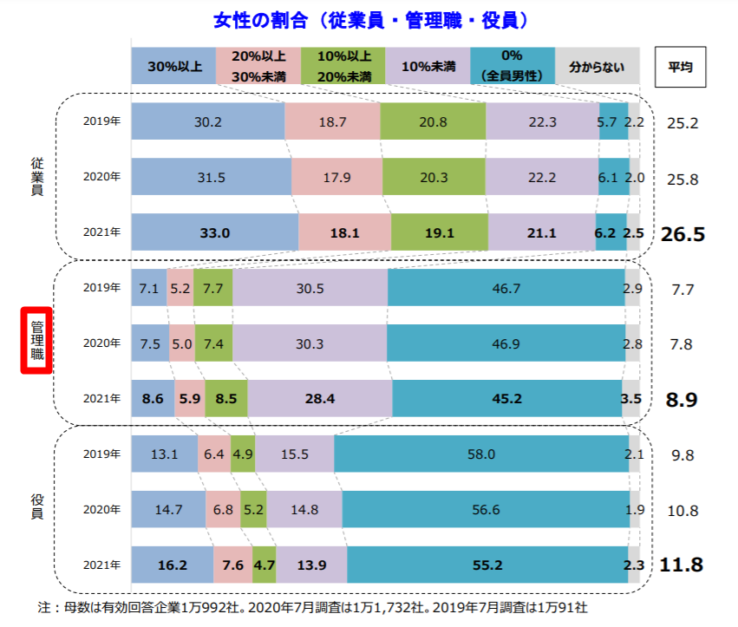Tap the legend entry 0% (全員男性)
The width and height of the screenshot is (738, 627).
pyautogui.click(x=512, y=67)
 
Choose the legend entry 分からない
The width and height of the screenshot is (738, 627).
pyautogui.click(x=596, y=66)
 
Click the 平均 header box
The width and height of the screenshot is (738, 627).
pyautogui.click(x=680, y=66)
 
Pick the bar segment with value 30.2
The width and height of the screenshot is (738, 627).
pyautogui.click(x=207, y=122)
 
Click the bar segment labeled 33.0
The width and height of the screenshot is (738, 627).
pyautogui.click(x=215, y=232)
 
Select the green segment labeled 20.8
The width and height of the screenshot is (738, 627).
pyautogui.click(x=432, y=122)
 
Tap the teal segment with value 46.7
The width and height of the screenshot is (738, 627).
pyautogui.click(x=506, y=288)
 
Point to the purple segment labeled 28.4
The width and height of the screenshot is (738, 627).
pyautogui.click(x=320, y=399)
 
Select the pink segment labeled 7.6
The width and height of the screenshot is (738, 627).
pyautogui.click(x=232, y=565)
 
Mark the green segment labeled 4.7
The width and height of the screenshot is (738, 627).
pyautogui.click(x=264, y=565)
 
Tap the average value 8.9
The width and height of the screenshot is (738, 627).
pyautogui.click(x=681, y=400)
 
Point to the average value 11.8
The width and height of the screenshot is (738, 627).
pyautogui.click(x=681, y=565)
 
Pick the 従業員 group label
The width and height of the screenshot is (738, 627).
pyautogui.click(x=36, y=177)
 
